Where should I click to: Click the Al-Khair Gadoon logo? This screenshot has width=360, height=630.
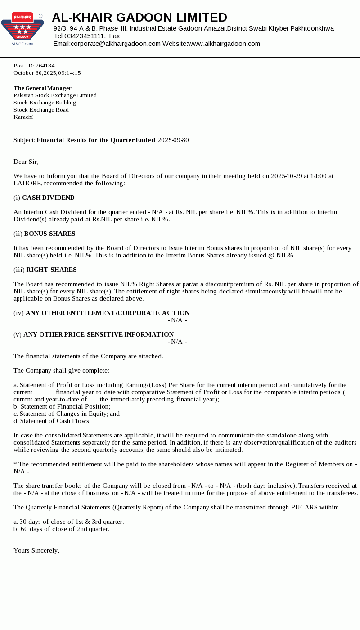pos(22,29)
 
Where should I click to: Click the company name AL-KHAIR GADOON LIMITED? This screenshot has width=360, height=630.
pos(139,18)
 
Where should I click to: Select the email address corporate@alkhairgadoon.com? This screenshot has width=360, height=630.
pos(116,44)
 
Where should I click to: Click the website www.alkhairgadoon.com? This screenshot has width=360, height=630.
pos(224,44)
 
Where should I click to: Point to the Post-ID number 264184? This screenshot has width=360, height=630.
pos(45,66)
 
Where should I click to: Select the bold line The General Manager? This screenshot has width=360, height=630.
pos(43,88)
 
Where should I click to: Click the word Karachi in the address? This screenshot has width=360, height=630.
pos(23,117)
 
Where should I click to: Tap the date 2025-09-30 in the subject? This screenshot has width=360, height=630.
pos(173,140)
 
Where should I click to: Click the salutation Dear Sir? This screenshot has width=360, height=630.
pos(26,162)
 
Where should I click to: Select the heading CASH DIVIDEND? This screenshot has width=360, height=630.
pos(48,198)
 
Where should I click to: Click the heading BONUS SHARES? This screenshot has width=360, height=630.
pos(49,234)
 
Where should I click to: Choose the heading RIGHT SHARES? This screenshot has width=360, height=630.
pos(51,270)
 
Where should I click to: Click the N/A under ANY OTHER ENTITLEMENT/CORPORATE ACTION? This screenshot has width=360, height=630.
pos(177,320)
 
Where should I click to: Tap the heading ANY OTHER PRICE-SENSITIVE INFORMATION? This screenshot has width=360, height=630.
pos(99,334)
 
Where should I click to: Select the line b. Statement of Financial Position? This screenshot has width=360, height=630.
pos(62,406)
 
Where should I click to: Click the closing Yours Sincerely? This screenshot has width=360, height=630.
pos(36,550)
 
